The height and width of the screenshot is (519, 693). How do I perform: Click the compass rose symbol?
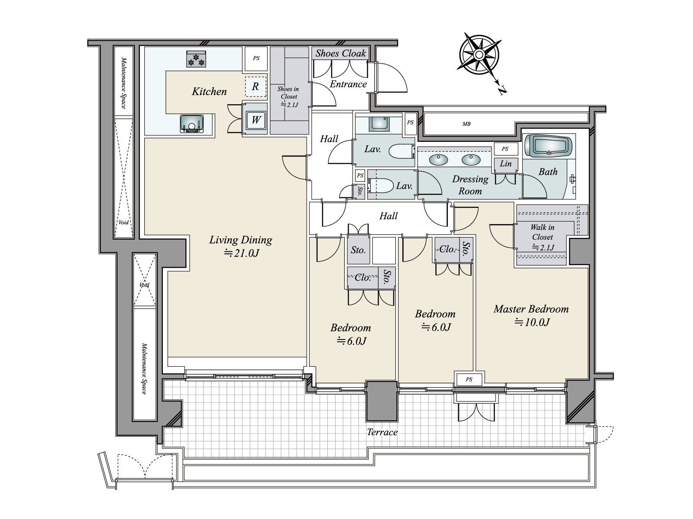tap(479, 55)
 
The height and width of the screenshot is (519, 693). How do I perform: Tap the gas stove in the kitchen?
tap(196, 59)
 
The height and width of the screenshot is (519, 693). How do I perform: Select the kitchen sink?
tap(191, 124)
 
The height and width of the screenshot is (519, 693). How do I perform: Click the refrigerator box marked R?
tap(256, 86)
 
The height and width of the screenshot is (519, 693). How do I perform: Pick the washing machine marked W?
tap(256, 120)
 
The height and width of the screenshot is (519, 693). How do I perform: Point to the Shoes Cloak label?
tap(341, 53)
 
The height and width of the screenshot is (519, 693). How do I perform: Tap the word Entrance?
tap(348, 84)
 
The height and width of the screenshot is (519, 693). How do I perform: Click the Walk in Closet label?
tap(542, 237)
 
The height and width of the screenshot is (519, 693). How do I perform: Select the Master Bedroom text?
tap(531, 309)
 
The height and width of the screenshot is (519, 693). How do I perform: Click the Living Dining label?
tap(240, 240)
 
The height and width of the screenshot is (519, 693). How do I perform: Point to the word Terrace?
tap(382, 432)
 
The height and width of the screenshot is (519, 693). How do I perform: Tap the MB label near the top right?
tap(466, 124)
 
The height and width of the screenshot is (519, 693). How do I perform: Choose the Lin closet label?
tap(505, 163)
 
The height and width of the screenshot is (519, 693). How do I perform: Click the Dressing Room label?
tap(470, 185)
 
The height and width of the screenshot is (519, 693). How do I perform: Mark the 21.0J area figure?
tap(242, 253)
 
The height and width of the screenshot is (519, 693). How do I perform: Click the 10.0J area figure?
tap(532, 322)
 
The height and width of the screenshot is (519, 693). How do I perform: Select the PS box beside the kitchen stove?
tap(256, 58)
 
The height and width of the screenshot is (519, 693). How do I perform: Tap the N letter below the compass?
tap(502, 90)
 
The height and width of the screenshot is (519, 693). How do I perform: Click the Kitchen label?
tap(209, 91)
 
